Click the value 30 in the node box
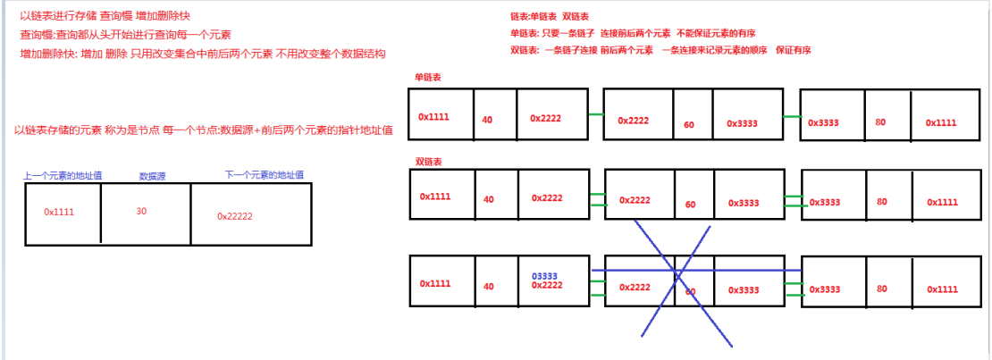pos(141,212)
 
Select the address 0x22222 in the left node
pos(235,216)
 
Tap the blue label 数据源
pos(153,177)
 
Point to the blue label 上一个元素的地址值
pos(62,176)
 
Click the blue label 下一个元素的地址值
pos(264,175)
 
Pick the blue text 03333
pos(546,276)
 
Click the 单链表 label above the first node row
pos(428,78)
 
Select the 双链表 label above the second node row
pos(428,162)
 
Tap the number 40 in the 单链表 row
pos(488,120)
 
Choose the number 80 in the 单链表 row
pos(881,121)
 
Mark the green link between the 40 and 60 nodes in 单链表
pos(596,115)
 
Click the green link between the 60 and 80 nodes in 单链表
pos(792,116)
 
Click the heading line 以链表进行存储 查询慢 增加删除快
pos(105,16)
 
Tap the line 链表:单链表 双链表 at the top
pos(550,17)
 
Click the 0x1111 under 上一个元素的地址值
pos(59,212)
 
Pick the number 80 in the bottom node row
pos(881,289)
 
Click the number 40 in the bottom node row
pos(488,287)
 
